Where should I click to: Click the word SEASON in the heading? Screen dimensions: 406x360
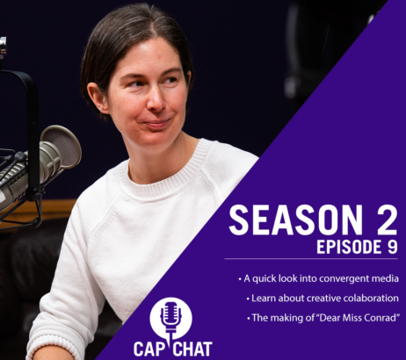(x=295, y=220)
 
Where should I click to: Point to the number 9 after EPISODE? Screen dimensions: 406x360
(x=391, y=247)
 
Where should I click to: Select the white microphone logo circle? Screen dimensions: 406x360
(x=171, y=318)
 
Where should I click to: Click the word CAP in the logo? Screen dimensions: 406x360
(x=148, y=349)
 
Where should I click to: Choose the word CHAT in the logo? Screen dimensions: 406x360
(x=193, y=349)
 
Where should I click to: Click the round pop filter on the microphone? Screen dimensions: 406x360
(x=62, y=147)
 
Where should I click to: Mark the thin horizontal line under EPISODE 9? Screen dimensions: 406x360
(x=311, y=259)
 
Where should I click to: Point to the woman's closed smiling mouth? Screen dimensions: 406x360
(x=157, y=123)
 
